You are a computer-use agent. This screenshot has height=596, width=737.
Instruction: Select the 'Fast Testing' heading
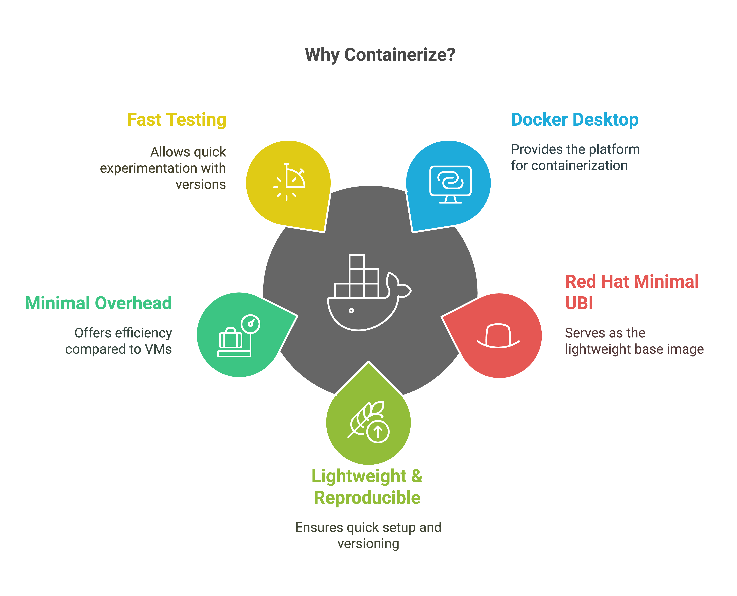177,120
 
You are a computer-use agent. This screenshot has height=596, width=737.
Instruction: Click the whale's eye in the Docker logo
351,311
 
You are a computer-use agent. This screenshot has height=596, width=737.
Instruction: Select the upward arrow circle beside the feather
378,431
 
